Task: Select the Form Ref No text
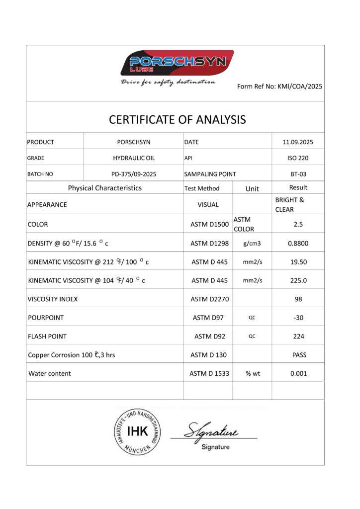coord(280,86)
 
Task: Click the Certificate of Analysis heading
coord(177,119)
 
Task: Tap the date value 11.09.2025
coord(298,142)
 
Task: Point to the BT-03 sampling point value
coord(298,174)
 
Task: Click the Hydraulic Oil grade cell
coord(134,158)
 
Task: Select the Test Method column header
coord(201,188)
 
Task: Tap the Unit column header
coord(252,188)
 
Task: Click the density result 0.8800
coord(298,244)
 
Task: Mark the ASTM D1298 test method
coord(209,244)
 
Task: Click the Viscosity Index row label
coord(53,299)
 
